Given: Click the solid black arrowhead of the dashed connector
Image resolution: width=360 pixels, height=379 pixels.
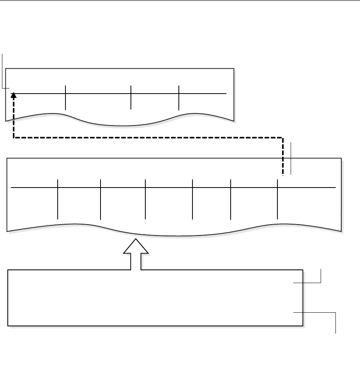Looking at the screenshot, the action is tap(14, 95).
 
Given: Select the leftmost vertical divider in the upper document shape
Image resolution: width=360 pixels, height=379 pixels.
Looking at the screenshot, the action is tap(65, 97).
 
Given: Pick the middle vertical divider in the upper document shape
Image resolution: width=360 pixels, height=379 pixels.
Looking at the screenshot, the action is tap(131, 97).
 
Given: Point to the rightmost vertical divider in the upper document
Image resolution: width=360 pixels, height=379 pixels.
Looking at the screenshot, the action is tap(178, 97).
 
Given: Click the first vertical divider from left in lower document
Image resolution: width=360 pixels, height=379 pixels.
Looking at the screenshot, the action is tap(58, 199).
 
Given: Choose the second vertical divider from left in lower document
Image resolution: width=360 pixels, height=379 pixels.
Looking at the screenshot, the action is tap(100, 199).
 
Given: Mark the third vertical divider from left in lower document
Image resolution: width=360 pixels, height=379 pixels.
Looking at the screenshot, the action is tap(145, 199).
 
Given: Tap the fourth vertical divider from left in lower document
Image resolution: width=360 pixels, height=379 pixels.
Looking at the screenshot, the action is tap(192, 199).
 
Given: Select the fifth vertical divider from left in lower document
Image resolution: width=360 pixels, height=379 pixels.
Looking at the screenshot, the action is tap(231, 199).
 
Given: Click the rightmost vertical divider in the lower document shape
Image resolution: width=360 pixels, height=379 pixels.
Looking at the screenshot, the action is tap(277, 199).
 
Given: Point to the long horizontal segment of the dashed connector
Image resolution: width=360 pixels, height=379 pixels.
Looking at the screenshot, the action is tap(148, 137).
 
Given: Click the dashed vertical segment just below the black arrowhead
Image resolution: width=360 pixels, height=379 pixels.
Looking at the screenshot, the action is tap(14, 117).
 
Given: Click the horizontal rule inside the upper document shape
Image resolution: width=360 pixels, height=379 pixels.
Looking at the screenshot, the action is tap(117, 94).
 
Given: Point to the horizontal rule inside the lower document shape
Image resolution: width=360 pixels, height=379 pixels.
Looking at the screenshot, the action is tap(171, 188).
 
